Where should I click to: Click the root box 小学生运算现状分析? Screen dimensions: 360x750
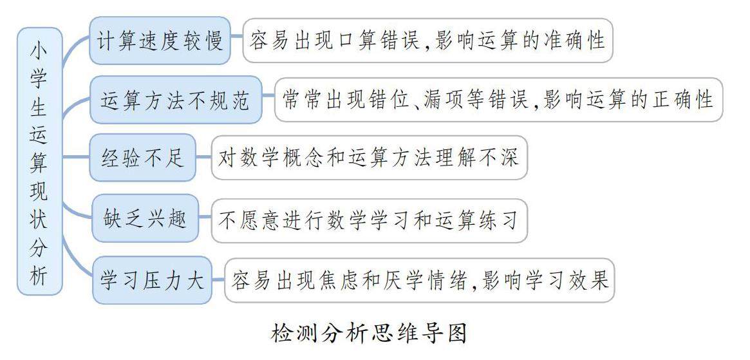(x=39, y=161)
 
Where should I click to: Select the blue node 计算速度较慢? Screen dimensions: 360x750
(x=160, y=41)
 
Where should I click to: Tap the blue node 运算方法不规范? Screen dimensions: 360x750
(x=176, y=100)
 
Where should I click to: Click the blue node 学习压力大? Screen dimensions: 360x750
(x=153, y=281)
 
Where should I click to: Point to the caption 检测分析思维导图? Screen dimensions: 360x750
(x=369, y=334)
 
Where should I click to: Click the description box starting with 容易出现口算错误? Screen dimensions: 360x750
(x=427, y=41)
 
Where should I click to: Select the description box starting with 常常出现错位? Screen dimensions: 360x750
(x=498, y=100)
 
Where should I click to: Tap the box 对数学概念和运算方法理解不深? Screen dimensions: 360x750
(x=369, y=158)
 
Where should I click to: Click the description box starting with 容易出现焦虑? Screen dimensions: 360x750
(x=419, y=281)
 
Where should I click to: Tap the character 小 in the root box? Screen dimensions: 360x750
(x=39, y=49)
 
